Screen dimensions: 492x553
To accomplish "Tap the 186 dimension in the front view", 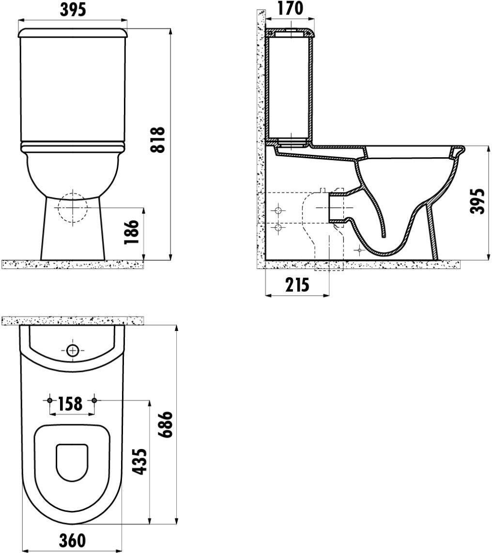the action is coord(131,232).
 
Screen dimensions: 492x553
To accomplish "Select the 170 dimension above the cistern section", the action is coord(290,9).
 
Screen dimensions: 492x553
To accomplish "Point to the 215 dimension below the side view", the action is coord(297,285).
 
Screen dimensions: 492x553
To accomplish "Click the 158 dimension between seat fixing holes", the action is coord(70,404).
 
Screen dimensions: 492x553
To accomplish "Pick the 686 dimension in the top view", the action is coord(166,424).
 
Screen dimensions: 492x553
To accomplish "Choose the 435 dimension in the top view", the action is coord(139,462).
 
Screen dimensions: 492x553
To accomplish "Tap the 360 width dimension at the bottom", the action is coord(72,541).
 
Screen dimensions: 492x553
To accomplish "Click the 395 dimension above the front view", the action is coord(73,10).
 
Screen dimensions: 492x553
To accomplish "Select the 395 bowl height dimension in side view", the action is coord(478,201).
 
